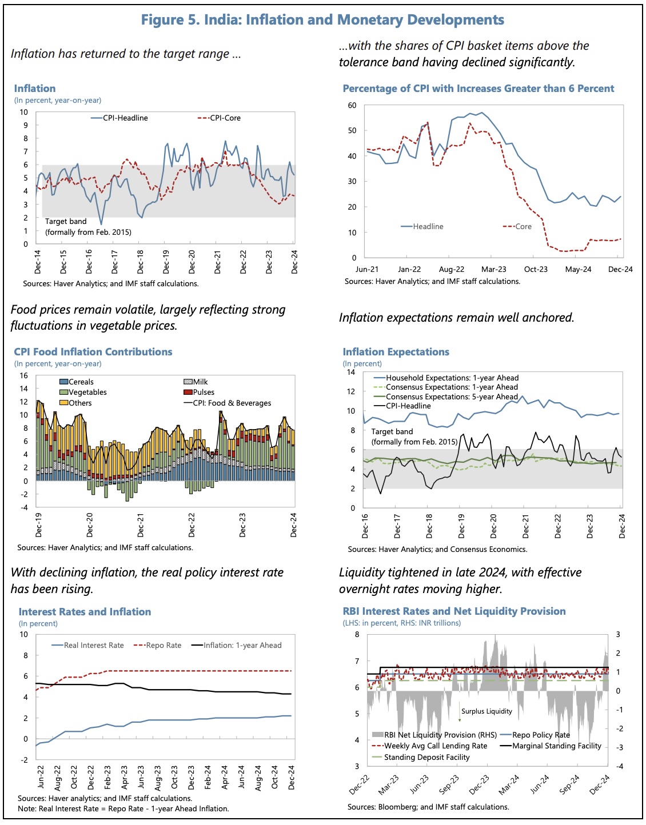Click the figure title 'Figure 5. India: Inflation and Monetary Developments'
(322, 20)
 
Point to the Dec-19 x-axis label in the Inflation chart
(166, 262)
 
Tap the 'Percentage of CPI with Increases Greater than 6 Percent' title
(478, 89)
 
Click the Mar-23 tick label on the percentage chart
(493, 269)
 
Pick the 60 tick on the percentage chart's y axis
(352, 106)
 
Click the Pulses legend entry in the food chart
(203, 393)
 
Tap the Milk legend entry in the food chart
(200, 382)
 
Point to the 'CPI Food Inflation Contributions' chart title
(93, 352)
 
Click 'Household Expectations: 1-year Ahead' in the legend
(452, 378)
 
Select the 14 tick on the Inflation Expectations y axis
(350, 373)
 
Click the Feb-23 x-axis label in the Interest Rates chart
(107, 778)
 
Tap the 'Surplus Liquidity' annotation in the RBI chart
(487, 711)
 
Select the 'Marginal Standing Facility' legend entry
(556, 746)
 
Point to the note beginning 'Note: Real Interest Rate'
(123, 809)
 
